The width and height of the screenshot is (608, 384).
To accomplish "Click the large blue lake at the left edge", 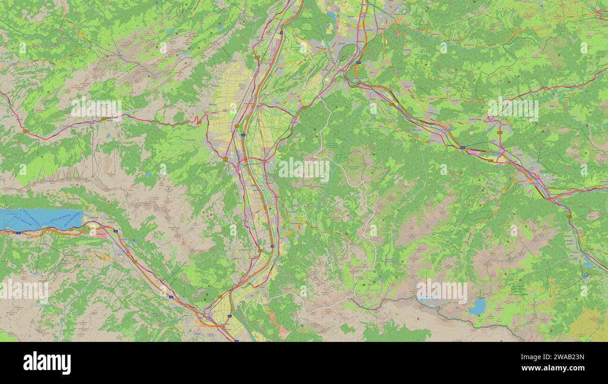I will (40, 218).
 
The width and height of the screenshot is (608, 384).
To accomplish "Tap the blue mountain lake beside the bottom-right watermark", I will (478, 306).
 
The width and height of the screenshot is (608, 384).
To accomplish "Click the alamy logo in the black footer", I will (47, 363).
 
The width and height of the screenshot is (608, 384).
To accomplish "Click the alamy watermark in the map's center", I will (304, 169).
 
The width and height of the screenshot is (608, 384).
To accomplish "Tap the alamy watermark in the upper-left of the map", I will (96, 109).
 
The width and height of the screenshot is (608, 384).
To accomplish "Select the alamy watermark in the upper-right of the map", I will (512, 109).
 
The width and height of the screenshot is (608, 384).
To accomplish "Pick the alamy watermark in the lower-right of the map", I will (441, 291).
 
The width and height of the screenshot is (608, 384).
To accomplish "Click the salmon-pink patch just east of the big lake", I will (99, 232).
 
